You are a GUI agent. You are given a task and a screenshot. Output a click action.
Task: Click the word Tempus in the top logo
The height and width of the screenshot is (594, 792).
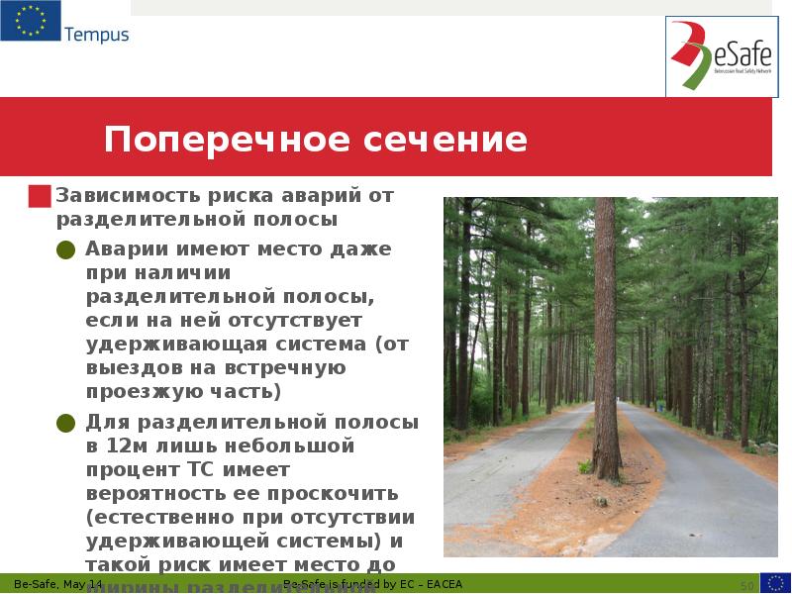(96, 35)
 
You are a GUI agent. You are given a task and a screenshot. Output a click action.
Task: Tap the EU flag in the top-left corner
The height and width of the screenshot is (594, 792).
(31, 22)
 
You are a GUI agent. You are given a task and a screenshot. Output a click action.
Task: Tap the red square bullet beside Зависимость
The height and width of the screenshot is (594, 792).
(40, 196)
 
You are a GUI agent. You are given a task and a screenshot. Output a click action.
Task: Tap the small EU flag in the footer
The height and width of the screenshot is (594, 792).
(774, 583)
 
